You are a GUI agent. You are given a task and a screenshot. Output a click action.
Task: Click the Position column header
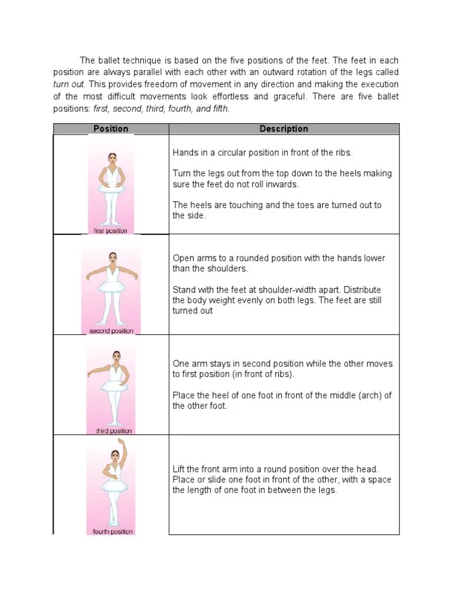pos(111,129)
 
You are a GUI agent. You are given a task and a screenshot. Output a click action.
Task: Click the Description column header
pos(284,129)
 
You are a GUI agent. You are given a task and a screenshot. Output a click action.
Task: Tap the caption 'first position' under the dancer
pos(111,231)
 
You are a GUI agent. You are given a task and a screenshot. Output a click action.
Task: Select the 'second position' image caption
pos(111,331)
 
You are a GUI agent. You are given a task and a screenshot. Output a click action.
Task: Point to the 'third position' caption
pos(114,431)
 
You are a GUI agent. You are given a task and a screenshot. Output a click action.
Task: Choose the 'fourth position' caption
pos(113,531)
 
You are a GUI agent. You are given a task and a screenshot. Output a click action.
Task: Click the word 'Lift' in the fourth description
pos(179,469)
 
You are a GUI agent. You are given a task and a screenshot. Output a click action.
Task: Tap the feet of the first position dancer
pos(111,223)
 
